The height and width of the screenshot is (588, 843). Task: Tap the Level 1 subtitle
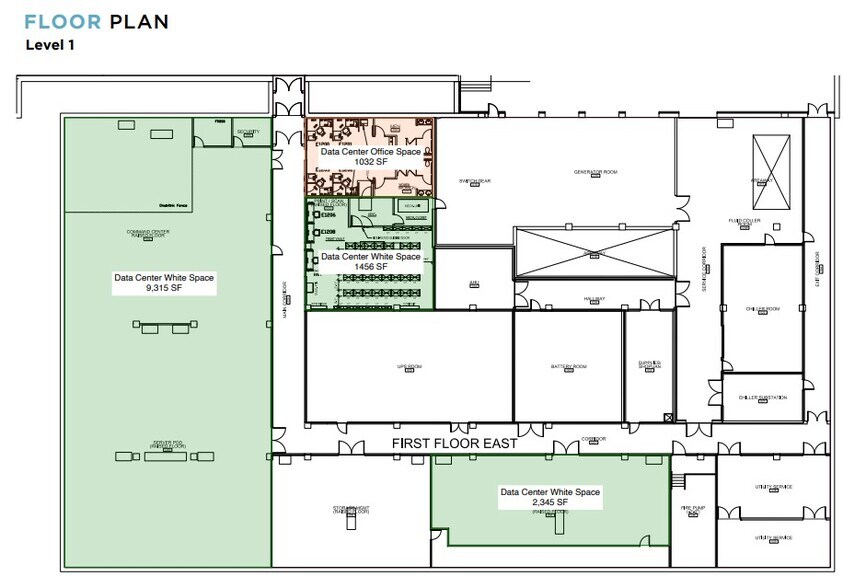[50, 45]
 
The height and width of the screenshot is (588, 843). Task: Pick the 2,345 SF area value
[550, 503]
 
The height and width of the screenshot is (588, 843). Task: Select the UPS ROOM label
[409, 367]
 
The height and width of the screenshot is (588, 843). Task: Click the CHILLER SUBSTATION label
[763, 397]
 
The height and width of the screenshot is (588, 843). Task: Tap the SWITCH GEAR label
[474, 181]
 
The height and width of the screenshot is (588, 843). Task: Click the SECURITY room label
[248, 132]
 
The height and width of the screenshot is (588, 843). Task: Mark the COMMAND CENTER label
[148, 233]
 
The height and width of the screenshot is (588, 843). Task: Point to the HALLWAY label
[595, 299]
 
